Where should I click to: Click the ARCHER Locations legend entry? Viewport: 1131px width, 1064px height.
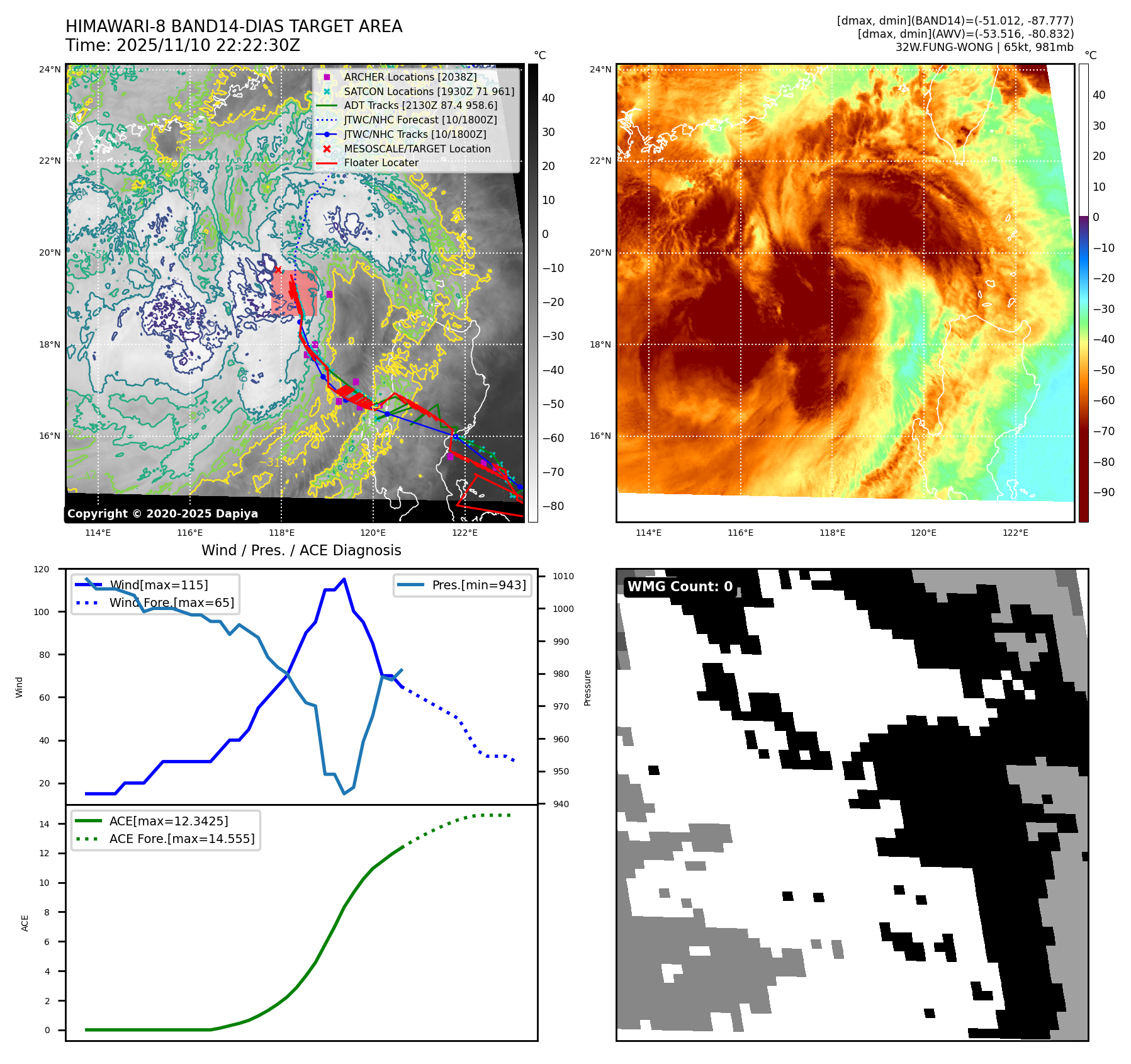point(410,77)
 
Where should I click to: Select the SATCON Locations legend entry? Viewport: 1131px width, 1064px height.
point(429,91)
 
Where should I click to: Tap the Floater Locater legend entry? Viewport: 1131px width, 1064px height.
point(381,162)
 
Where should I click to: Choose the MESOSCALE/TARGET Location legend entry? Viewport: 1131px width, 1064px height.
point(417,149)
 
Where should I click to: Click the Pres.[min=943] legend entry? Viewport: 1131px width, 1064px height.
point(478,585)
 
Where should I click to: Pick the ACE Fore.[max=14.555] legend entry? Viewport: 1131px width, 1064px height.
point(182,839)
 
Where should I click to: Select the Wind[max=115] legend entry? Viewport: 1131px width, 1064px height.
point(159,585)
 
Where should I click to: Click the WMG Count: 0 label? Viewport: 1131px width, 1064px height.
point(680,587)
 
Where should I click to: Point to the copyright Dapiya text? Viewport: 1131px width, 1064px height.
point(162,514)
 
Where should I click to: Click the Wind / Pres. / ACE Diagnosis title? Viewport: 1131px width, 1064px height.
point(301,550)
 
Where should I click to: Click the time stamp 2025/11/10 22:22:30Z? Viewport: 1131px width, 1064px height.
point(208,46)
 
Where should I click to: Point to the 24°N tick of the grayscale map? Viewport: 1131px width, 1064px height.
point(50,69)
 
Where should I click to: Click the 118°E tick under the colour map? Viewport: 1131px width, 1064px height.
point(832,533)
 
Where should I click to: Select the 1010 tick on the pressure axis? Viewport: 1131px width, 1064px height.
point(563,576)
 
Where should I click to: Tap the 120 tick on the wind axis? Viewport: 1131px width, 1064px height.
point(42,569)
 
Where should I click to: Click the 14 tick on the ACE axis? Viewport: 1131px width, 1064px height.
point(44,823)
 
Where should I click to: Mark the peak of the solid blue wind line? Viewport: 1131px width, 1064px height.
point(344,579)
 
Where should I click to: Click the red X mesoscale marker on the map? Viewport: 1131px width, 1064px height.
point(278,269)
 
